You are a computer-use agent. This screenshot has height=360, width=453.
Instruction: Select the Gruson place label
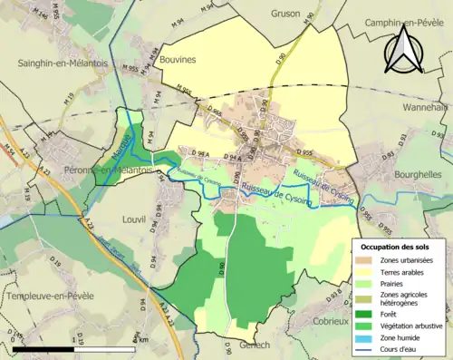(287, 14)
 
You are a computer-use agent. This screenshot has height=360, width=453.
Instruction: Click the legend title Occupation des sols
(397, 247)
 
